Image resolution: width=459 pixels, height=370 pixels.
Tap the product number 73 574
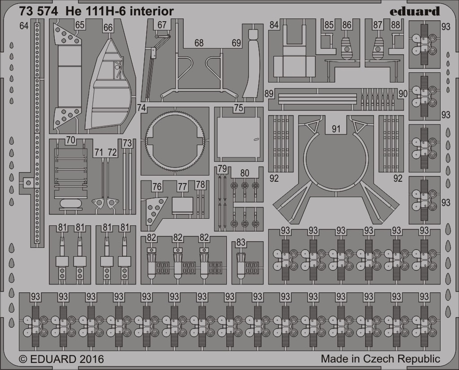pyautogui.click(x=38, y=11)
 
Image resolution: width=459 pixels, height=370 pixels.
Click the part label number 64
pyautogui.click(x=24, y=26)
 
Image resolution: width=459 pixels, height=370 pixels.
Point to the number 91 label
pyautogui.click(x=336, y=128)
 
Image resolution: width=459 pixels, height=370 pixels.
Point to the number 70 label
pyautogui.click(x=70, y=140)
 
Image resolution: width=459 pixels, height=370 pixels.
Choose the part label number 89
pyautogui.click(x=269, y=93)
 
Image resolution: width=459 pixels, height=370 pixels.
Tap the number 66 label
pyautogui.click(x=108, y=27)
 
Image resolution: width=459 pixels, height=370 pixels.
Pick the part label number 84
pyautogui.click(x=274, y=25)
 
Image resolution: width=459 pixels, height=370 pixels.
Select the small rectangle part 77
pyautogui.click(x=182, y=205)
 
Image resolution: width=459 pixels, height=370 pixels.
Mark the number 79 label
pyautogui.click(x=222, y=168)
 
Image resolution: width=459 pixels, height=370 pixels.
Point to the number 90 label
pyautogui.click(x=403, y=93)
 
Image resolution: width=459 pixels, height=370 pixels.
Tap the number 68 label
pyautogui.click(x=199, y=43)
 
